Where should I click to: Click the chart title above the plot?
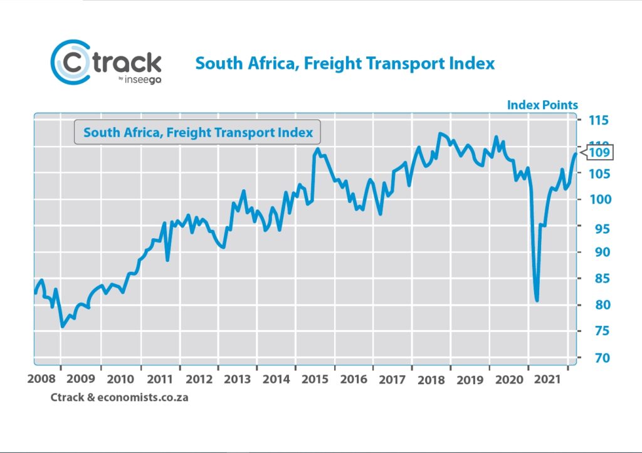coord(345,63)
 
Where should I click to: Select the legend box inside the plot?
coord(197,132)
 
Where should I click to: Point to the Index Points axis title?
coord(542,105)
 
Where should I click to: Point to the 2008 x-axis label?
coord(40,379)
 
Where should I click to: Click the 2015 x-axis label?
coord(313,379)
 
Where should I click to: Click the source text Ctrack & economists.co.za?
coord(119,397)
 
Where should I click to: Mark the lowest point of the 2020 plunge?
coord(537,300)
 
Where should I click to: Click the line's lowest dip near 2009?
coord(62,326)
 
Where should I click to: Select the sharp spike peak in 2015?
coord(318,149)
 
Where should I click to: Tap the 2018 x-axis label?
coord(431,379)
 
